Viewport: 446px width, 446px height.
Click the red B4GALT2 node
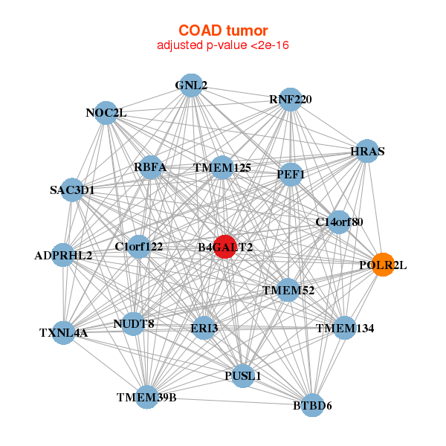[x=225, y=247]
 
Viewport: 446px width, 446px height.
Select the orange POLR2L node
[x=383, y=265]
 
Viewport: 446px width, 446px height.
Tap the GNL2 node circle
[x=191, y=85]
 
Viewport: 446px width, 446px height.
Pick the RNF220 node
[x=291, y=100]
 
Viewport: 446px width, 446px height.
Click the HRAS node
[x=367, y=151]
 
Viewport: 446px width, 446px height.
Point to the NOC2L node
[x=106, y=113]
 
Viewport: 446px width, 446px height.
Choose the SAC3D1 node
[x=72, y=190]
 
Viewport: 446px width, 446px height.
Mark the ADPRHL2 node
[x=63, y=255]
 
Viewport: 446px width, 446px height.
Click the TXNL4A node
[x=63, y=333]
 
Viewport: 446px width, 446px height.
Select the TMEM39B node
[x=146, y=398]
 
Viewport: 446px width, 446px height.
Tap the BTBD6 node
[x=312, y=405]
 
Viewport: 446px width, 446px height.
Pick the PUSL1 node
[x=242, y=375]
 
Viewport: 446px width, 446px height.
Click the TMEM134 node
[x=344, y=328]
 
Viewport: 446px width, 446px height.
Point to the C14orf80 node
[x=339, y=222]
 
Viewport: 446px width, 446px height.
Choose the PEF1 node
[x=291, y=175]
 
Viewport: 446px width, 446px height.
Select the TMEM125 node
[x=222, y=167]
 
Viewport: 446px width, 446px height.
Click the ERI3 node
[x=204, y=328]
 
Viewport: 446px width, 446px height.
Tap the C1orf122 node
[x=139, y=247]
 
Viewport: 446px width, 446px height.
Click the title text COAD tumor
[x=223, y=30]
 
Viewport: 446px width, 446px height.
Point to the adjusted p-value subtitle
[x=223, y=45]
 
